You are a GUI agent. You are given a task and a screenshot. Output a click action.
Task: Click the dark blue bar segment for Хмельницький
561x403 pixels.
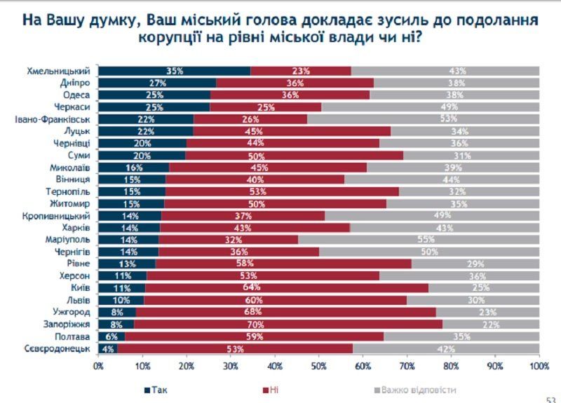click(x=174, y=71)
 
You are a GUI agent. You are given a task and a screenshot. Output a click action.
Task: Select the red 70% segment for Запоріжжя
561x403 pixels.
click(x=288, y=325)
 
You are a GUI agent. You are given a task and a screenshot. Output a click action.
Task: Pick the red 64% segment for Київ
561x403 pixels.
click(x=287, y=288)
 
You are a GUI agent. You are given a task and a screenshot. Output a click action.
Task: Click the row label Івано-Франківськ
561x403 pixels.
click(x=54, y=119)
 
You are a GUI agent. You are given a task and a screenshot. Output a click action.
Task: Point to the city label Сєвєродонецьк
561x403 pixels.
click(x=58, y=348)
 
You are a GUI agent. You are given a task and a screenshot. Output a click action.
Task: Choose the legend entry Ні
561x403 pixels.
click(x=271, y=390)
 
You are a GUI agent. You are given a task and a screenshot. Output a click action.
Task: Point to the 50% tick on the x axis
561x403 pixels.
click(x=318, y=365)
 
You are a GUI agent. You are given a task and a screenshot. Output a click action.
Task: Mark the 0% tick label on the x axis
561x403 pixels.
click(x=98, y=365)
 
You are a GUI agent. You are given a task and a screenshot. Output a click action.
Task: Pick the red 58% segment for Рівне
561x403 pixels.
click(x=283, y=264)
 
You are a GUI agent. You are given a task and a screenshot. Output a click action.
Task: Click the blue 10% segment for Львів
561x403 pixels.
click(x=121, y=300)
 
